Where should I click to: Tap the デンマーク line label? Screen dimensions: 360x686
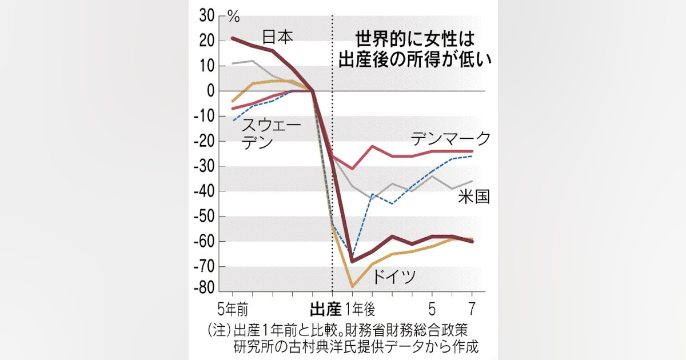pyautogui.click(x=451, y=138)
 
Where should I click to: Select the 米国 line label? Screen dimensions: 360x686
pyautogui.click(x=474, y=197)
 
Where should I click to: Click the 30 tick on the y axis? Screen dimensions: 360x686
pyautogui.click(x=207, y=16)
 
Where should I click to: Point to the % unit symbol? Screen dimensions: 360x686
pyautogui.click(x=234, y=16)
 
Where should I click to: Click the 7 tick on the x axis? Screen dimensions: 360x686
pyautogui.click(x=472, y=310)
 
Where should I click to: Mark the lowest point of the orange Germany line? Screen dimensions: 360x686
pyautogui.click(x=353, y=286)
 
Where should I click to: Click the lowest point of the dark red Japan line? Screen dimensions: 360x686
pyautogui.click(x=353, y=261)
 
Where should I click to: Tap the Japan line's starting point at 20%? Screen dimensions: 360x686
pyautogui.click(x=233, y=38)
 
